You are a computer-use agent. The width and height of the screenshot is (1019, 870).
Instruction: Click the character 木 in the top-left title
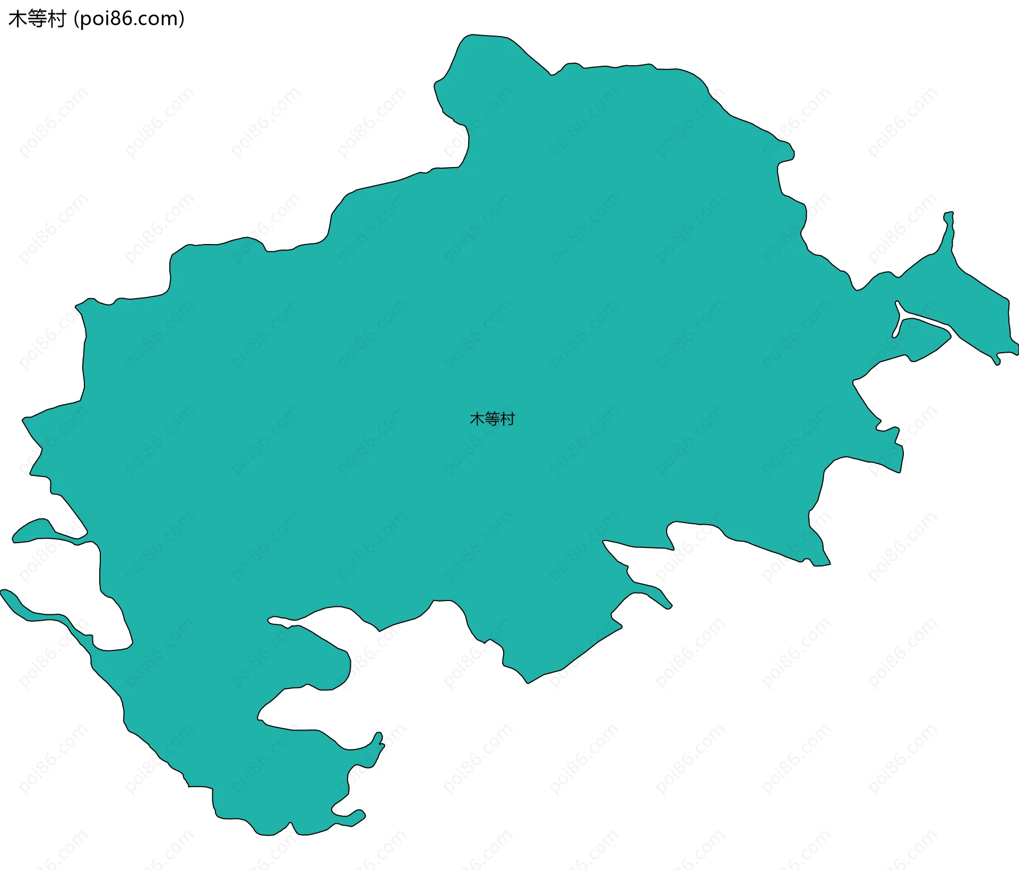[x=18, y=19]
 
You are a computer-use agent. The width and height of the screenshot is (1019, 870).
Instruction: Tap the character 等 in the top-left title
[x=37, y=19]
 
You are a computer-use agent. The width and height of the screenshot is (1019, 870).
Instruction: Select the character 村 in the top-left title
[x=56, y=19]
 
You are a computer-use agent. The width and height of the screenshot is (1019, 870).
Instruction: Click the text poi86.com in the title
[x=129, y=19]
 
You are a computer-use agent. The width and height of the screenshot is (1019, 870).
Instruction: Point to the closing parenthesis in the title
[x=182, y=20]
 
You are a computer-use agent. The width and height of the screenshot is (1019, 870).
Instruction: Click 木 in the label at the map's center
[x=477, y=419]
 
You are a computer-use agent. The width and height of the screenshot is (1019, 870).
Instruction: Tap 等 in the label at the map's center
[x=492, y=419]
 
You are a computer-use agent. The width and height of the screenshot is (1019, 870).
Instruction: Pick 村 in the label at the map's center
[x=507, y=419]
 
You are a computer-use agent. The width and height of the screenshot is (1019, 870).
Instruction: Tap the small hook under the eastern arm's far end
[x=997, y=361]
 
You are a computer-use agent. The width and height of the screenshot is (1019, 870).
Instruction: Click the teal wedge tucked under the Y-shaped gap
[x=923, y=340]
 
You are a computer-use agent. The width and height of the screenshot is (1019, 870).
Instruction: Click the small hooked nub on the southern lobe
[x=379, y=739]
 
